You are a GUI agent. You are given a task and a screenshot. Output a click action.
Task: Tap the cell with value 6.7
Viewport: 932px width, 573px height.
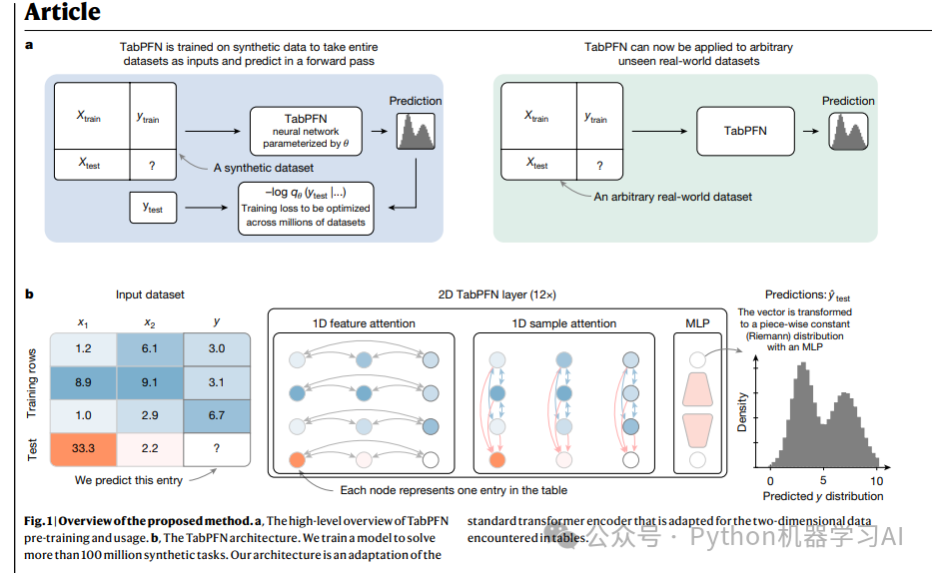(x=216, y=414)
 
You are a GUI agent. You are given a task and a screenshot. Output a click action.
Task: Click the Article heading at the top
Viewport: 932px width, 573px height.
(x=62, y=13)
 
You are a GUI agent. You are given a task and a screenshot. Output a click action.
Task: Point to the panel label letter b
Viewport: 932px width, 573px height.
(x=29, y=294)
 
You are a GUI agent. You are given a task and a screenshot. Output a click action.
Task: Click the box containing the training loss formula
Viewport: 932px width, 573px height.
(x=306, y=208)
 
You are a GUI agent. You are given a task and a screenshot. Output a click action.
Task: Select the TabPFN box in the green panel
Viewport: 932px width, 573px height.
(x=745, y=131)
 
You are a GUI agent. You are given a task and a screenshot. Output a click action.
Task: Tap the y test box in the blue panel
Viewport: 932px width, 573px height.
(x=153, y=208)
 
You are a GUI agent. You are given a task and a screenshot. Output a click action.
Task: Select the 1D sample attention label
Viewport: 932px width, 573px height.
(x=565, y=323)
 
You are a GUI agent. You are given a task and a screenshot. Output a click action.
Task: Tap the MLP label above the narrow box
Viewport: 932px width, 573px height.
(x=698, y=323)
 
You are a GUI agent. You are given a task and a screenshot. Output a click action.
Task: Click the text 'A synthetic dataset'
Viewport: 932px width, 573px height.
(x=263, y=167)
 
